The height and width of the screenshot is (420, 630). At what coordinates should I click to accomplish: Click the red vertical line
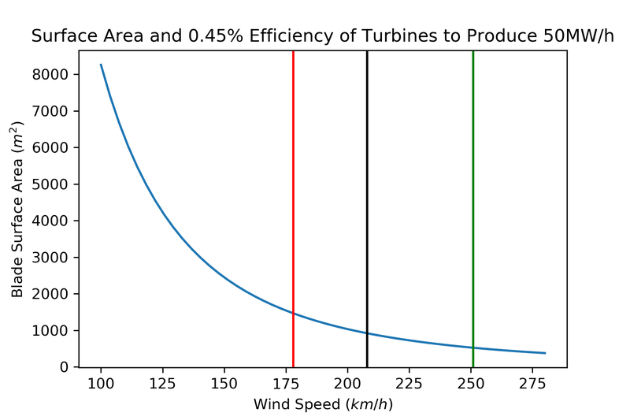click(x=293, y=197)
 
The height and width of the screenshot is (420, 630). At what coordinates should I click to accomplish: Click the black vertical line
click(x=367, y=197)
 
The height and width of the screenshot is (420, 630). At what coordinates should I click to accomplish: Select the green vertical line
click(x=472, y=197)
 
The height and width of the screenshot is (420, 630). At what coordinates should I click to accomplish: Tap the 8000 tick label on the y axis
click(x=54, y=74)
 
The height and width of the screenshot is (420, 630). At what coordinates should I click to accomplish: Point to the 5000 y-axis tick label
click(x=54, y=184)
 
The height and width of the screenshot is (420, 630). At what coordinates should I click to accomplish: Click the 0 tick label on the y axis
click(x=65, y=367)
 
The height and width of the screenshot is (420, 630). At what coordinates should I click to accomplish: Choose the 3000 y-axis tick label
click(x=54, y=258)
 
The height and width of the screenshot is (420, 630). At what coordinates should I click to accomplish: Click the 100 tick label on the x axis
click(x=101, y=384)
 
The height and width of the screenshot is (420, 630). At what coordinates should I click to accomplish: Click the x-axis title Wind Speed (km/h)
click(x=322, y=404)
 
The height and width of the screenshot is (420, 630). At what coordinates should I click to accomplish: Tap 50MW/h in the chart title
click(x=576, y=36)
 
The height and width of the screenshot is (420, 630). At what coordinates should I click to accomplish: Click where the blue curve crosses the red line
click(x=293, y=313)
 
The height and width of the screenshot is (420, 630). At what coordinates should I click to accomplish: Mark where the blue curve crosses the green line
click(x=472, y=348)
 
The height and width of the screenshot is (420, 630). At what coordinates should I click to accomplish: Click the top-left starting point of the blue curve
click(x=101, y=65)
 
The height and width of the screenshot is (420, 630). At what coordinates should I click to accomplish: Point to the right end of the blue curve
click(x=545, y=353)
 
